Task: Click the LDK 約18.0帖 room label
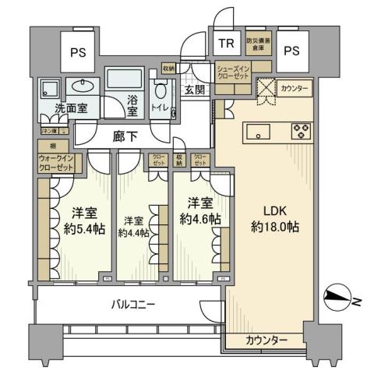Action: coord(270,219)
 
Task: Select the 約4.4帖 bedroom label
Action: coord(132,227)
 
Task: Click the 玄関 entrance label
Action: coord(195,90)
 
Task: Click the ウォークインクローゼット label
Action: coord(56,163)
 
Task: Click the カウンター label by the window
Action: coord(266,340)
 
